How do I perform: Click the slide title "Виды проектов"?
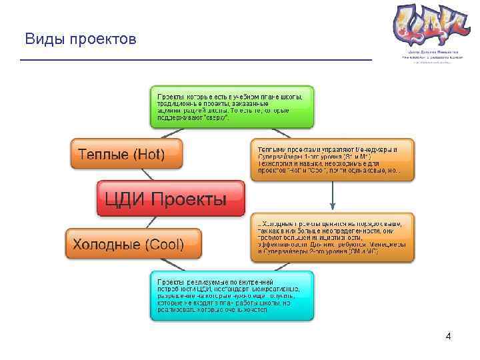coord(80,39)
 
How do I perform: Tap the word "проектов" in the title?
coord(106,40)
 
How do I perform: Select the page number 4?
coord(448,336)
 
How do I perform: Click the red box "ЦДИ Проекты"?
coord(171,199)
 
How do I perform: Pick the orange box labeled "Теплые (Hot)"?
coord(126,155)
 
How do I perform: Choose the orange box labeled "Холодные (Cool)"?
coord(133,244)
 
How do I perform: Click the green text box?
coord(231,107)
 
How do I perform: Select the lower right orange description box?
coord(332,237)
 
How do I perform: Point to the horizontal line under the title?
coord(195,60)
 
